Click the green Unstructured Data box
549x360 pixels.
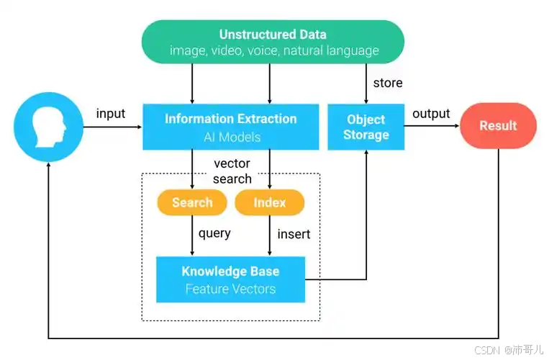coord(273,42)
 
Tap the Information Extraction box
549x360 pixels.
coord(231,127)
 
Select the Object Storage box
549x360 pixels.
coord(366,127)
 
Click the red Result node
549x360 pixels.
coord(498,126)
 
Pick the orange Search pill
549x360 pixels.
coord(192,202)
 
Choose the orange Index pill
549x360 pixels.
coord(269,202)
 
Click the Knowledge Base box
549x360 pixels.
coord(230,279)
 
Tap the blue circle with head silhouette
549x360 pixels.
coord(49,127)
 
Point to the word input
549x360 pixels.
coord(111,114)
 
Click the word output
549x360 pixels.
coord(431,114)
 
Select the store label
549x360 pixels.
coord(388,83)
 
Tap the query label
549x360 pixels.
coord(214,233)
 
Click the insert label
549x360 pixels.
coord(294,234)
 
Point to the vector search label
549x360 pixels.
coord(232,171)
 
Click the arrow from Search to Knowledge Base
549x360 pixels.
coord(192,235)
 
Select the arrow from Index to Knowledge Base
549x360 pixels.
coord(270,235)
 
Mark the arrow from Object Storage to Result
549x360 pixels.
coord(432,126)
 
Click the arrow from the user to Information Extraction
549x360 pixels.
coord(113,127)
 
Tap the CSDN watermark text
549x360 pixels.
coord(509,349)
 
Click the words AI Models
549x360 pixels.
coord(232,137)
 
